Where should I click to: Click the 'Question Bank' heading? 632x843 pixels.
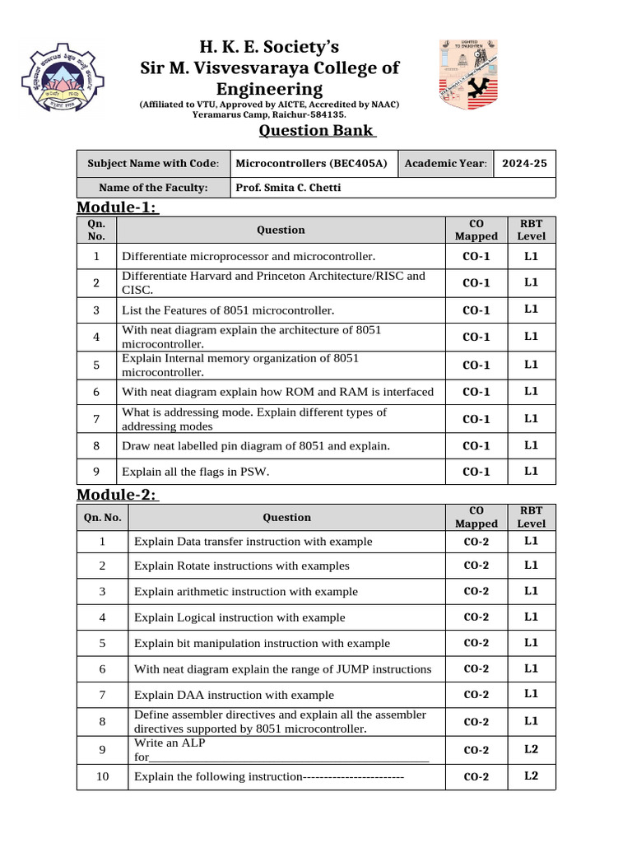(318, 132)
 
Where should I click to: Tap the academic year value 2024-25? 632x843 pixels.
(524, 163)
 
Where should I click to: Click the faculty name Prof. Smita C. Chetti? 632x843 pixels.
(288, 187)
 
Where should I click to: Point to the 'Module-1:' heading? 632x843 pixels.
(118, 207)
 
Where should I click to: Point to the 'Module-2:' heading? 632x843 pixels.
(118, 494)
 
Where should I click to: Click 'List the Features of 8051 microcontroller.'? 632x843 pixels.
(228, 310)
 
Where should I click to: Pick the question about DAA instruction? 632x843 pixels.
(234, 695)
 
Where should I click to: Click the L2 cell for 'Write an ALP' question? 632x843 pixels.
(531, 749)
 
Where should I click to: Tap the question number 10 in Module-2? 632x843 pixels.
(102, 775)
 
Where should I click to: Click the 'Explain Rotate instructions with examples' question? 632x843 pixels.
(241, 566)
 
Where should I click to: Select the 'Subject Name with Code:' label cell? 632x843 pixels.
(153, 163)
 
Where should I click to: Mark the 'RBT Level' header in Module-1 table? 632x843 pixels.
(531, 230)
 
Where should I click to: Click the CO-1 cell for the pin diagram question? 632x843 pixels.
(476, 445)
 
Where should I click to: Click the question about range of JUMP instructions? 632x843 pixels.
(282, 669)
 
